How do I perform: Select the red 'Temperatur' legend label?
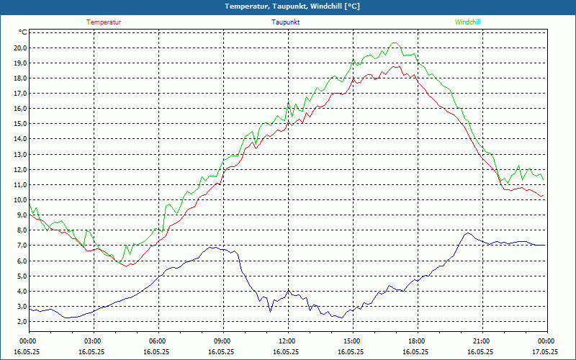(x=104, y=22)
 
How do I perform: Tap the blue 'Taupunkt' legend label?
(x=285, y=22)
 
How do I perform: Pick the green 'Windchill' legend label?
(x=467, y=22)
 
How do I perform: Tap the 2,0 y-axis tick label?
(x=20, y=322)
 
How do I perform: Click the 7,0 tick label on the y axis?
(x=20, y=246)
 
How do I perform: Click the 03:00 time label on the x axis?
(x=93, y=341)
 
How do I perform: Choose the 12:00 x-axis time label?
(x=287, y=341)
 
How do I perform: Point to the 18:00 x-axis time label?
(x=416, y=341)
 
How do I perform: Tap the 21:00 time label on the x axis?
(x=481, y=341)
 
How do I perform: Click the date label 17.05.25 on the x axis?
(x=545, y=352)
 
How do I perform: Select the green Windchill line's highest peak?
(x=394, y=42)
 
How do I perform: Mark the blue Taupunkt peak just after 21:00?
(x=468, y=233)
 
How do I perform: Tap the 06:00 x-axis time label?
(x=157, y=341)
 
